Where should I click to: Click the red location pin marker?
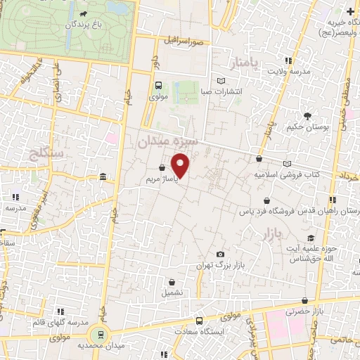[x=181, y=166]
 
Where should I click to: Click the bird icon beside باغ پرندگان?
[x=84, y=13]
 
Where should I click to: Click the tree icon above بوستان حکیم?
[x=307, y=115]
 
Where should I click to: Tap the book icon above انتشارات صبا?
[x=221, y=80]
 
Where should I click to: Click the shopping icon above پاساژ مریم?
[x=163, y=168]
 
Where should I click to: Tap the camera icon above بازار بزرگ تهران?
[x=220, y=254]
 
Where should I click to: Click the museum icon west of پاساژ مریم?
[x=103, y=176]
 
